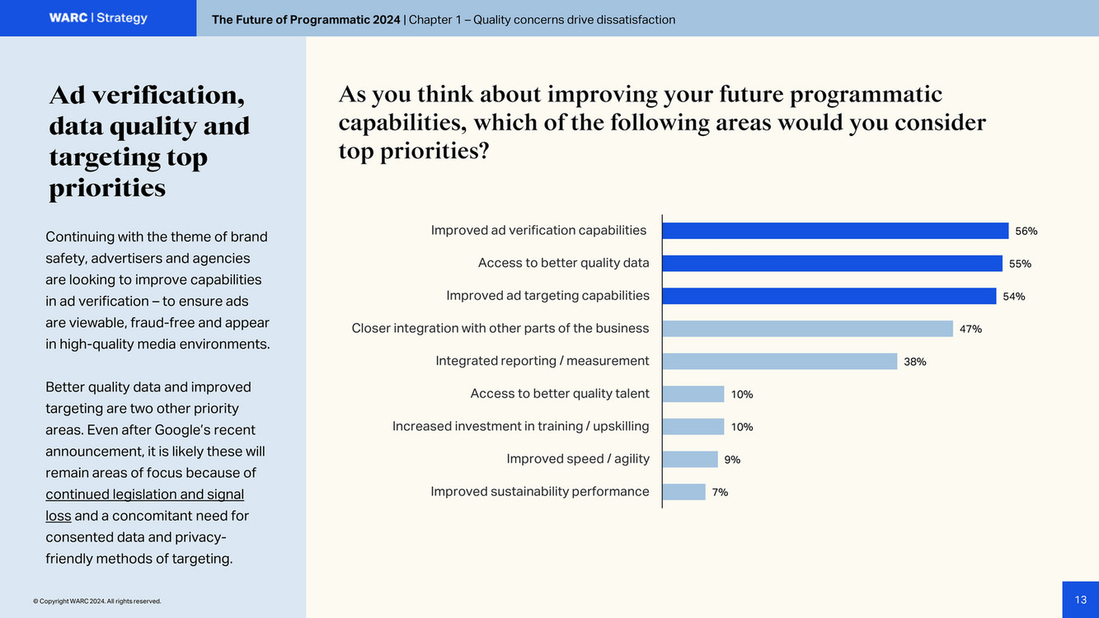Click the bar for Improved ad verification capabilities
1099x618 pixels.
pos(835,231)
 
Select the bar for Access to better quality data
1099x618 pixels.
pos(832,263)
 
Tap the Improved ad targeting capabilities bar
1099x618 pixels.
pos(829,296)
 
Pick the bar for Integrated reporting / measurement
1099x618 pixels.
pos(780,361)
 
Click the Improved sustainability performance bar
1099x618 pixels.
pos(684,492)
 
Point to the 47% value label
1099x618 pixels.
pos(970,329)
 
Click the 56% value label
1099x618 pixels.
pos(1026,231)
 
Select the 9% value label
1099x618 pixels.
pos(732,460)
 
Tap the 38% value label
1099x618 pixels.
pos(914,362)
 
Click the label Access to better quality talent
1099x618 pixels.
pos(560,393)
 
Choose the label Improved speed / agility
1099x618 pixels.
pos(578,458)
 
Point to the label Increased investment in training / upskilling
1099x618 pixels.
pos(520,426)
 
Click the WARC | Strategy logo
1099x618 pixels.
pos(98,18)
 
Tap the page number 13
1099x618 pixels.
pos(1080,600)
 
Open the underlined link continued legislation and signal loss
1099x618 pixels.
pos(144,494)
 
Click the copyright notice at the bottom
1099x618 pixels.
pos(97,602)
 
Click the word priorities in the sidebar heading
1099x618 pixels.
pos(107,188)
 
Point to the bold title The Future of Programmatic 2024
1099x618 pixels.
pos(306,20)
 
